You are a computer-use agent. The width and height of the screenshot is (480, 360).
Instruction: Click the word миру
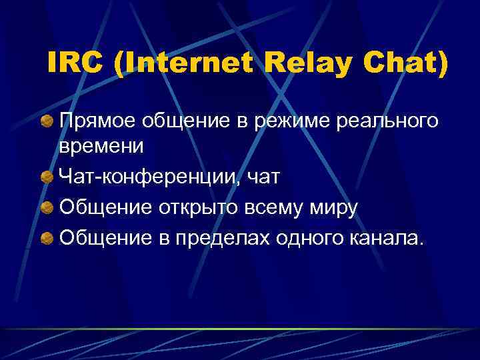[x=333, y=208]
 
